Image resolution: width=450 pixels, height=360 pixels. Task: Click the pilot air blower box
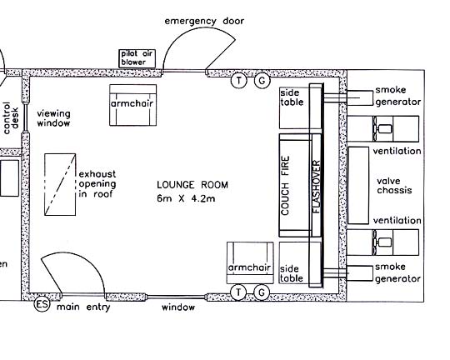(x=137, y=58)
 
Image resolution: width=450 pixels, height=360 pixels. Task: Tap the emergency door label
(x=204, y=21)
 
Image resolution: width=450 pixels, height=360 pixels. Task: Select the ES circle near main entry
(x=42, y=304)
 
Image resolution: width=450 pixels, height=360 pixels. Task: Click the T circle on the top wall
(x=239, y=80)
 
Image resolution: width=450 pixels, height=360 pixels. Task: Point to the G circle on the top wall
(x=262, y=80)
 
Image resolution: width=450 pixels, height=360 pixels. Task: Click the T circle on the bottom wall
(x=238, y=292)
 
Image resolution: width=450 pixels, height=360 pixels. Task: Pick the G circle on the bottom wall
(x=262, y=292)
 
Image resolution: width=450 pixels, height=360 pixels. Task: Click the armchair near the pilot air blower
(x=132, y=105)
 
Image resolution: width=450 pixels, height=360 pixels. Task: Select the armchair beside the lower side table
(x=250, y=262)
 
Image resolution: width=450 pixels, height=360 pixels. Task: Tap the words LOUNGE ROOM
(x=192, y=185)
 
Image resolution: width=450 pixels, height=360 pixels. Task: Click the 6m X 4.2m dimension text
(x=186, y=198)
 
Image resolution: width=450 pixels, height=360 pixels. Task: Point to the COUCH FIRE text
(x=285, y=186)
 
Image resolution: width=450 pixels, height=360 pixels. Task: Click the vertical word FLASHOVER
(x=316, y=187)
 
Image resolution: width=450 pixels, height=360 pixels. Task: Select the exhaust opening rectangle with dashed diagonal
(x=60, y=185)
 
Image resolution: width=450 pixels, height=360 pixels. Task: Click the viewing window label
(x=53, y=118)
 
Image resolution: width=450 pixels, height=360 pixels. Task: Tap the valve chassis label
(x=394, y=186)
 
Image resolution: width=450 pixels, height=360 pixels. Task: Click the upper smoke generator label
(x=398, y=96)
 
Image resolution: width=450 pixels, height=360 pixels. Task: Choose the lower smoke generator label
(x=398, y=273)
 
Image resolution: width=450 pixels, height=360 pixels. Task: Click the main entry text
(x=83, y=307)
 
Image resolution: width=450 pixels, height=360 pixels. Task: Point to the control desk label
(x=11, y=118)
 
